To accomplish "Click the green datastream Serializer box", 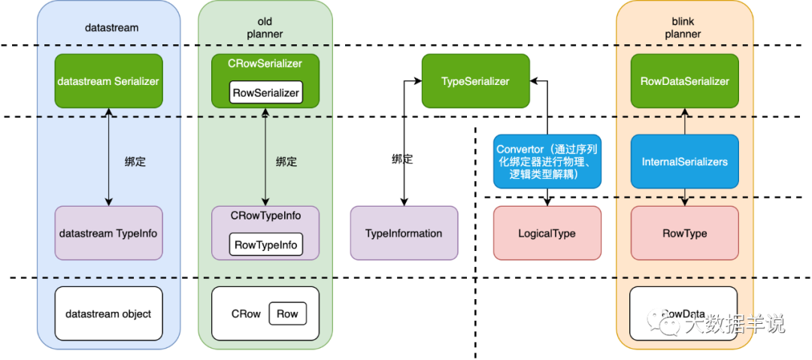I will point(108,81).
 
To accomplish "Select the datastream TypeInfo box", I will point(108,233).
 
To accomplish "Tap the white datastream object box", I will point(108,313).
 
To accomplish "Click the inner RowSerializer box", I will point(265,93).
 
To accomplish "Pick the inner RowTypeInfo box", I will point(265,244).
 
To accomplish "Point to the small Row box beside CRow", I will point(287,313).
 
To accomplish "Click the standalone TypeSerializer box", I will point(475,81).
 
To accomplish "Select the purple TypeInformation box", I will point(404,233).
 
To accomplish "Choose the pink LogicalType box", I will point(547,233).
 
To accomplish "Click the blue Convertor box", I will point(547,161).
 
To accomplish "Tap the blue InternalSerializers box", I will point(685,161).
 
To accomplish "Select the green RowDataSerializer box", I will point(685,81).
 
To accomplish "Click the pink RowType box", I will point(685,233).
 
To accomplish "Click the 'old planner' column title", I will point(265,28).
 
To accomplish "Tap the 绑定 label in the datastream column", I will point(135,161).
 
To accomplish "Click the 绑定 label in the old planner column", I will point(286,161).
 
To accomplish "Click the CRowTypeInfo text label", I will point(265,216).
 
